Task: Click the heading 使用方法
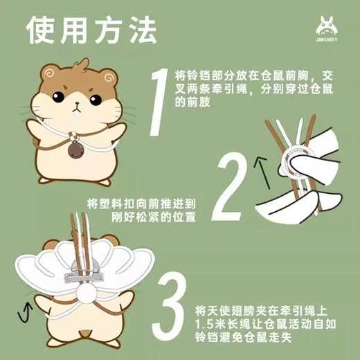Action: coord(92,30)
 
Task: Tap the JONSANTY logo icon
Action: coord(326,28)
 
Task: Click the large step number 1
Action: coord(159,102)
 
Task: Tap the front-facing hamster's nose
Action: coord(77,103)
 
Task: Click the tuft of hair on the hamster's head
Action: coord(81,64)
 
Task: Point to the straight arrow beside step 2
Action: coord(262,172)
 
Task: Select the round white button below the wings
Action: coord(86,293)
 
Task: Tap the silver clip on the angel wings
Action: coord(84,273)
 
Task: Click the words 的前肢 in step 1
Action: coord(192,102)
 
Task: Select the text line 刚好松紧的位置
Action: coord(154,217)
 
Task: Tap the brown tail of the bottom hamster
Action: coord(86,333)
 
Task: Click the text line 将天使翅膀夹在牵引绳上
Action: coord(261,311)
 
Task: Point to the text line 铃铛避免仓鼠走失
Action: coord(244,337)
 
